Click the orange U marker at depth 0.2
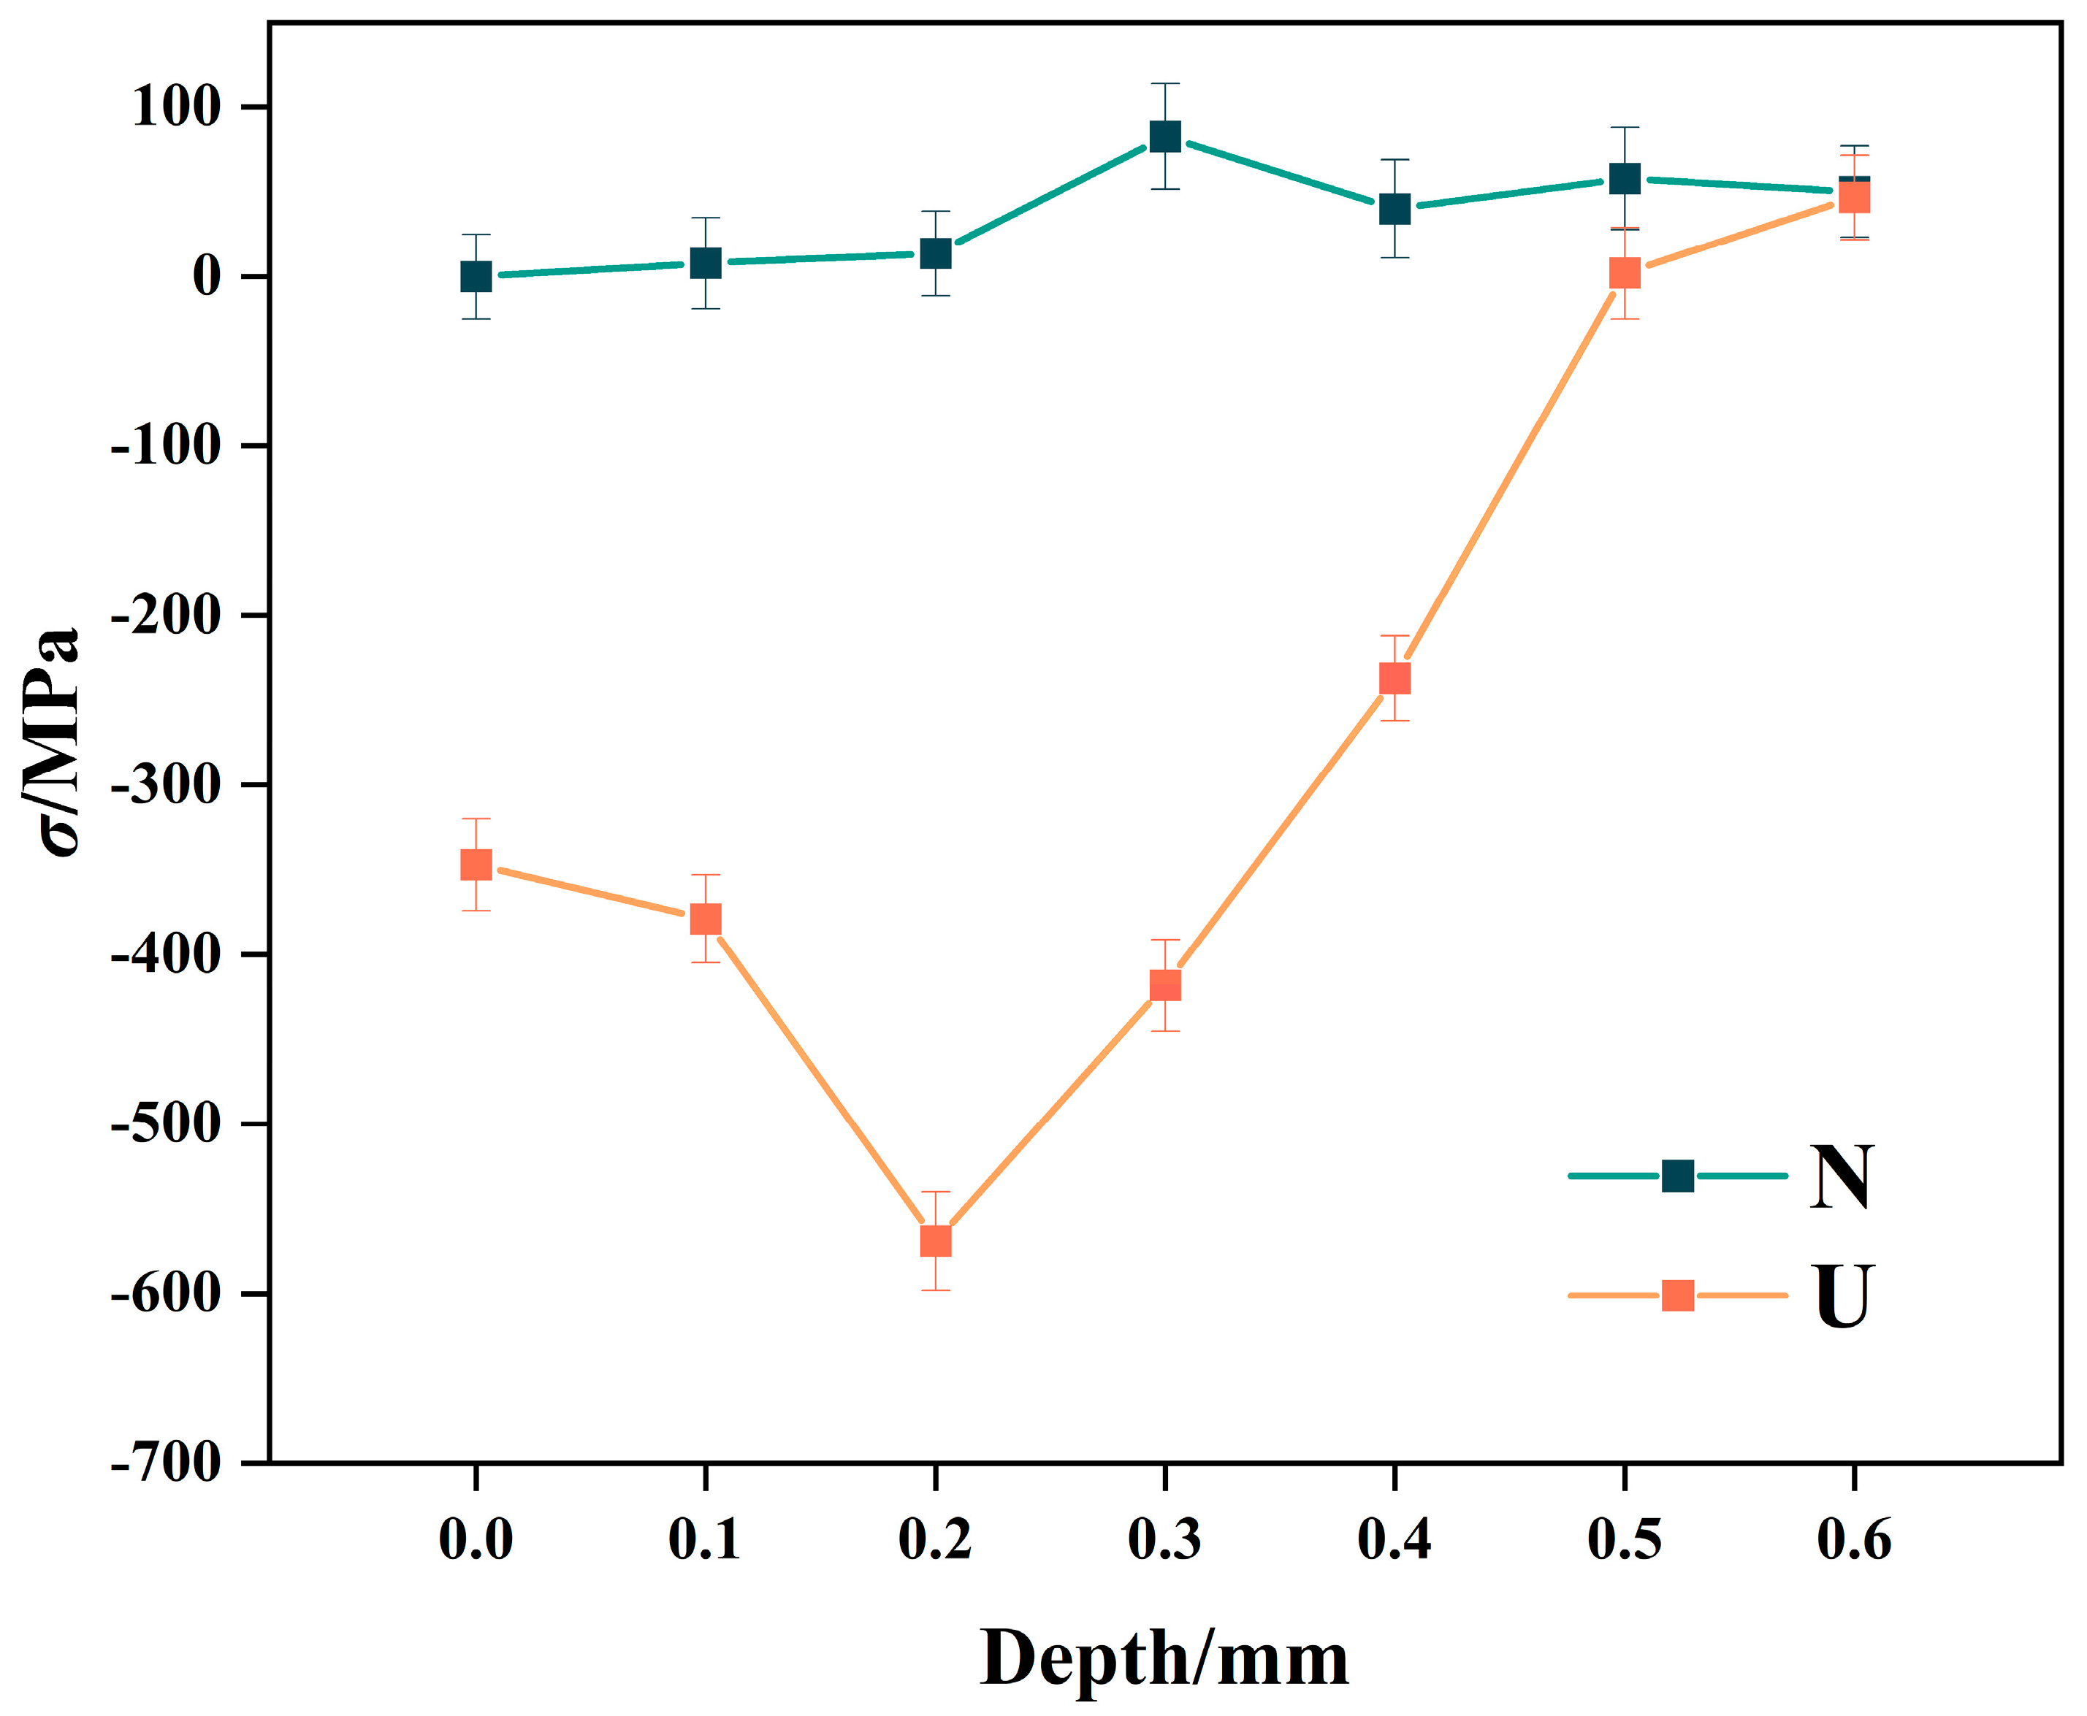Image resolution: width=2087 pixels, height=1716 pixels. [935, 1241]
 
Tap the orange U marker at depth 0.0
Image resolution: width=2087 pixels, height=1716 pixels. [476, 865]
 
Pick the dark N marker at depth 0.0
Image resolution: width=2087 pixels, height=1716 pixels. [476, 276]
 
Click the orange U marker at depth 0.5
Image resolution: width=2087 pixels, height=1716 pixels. [1625, 273]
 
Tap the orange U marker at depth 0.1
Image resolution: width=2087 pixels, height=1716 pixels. [705, 919]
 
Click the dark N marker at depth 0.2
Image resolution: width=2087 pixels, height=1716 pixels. [935, 253]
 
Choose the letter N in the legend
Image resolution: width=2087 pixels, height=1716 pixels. [1841, 1176]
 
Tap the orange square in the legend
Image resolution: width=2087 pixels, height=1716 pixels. [1678, 1296]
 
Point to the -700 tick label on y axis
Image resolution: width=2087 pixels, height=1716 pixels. [166, 1463]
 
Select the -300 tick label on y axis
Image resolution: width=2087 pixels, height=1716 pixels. [166, 785]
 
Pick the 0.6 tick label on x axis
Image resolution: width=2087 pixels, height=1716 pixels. [1854, 1540]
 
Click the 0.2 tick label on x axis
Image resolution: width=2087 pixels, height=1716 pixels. [935, 1540]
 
